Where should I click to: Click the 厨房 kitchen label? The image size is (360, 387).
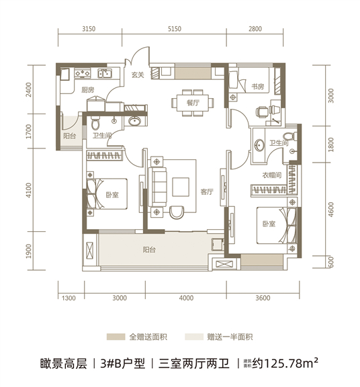pyautogui.click(x=87, y=89)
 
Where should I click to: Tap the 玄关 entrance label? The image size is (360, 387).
pyautogui.click(x=138, y=75)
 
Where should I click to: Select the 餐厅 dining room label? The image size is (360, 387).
pyautogui.click(x=193, y=103)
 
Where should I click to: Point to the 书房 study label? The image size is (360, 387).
pyautogui.click(x=257, y=87)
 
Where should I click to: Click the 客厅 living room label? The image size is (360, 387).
pyautogui.click(x=206, y=191)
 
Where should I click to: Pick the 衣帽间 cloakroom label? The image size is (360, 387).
pyautogui.click(x=271, y=175)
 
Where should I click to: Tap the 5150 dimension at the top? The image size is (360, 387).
pyautogui.click(x=175, y=29)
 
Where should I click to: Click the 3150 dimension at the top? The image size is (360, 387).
pyautogui.click(x=89, y=29)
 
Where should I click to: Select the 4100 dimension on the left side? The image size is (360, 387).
pyautogui.click(x=29, y=190)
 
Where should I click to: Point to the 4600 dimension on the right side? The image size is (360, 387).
pyautogui.click(x=331, y=210)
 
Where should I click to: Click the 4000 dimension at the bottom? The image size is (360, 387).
pyautogui.click(x=186, y=298)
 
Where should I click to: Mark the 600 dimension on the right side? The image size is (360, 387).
pyautogui.click(x=331, y=262)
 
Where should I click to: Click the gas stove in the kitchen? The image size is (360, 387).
pyautogui.click(x=83, y=73)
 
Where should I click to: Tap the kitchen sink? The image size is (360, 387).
pyautogui.click(x=104, y=73)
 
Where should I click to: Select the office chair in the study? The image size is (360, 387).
pyautogui.click(x=261, y=112)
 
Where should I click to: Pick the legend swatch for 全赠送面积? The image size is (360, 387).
pyautogui.click(x=116, y=337)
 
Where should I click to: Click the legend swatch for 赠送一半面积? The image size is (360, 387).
pyautogui.click(x=194, y=337)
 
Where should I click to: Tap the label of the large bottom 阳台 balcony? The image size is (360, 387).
pyautogui.click(x=149, y=250)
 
